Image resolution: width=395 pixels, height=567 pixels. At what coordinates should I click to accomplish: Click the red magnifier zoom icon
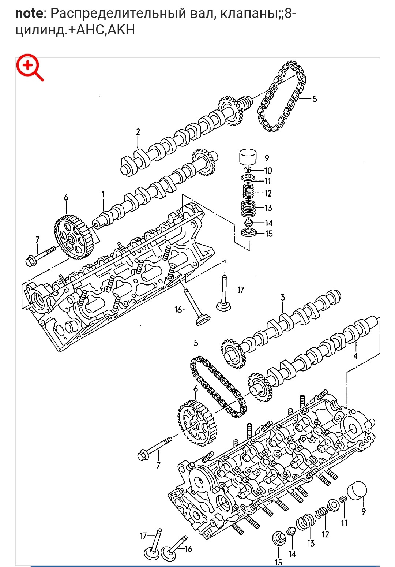click(x=30, y=67)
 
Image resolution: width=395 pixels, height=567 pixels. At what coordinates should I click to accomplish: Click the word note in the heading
click(x=29, y=13)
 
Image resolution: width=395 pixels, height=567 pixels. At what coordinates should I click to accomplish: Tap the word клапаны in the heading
click(x=249, y=14)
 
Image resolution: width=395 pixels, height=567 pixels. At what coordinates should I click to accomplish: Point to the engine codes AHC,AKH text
click(x=105, y=30)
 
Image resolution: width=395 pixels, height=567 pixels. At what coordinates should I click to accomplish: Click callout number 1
click(x=103, y=194)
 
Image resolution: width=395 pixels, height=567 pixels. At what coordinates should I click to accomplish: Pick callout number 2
click(x=138, y=132)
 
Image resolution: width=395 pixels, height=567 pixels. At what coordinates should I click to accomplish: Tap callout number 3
click(x=283, y=298)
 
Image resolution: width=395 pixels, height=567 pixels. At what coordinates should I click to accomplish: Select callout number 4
click(x=355, y=356)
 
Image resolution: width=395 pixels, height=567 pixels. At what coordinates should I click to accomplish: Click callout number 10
click(x=268, y=171)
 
